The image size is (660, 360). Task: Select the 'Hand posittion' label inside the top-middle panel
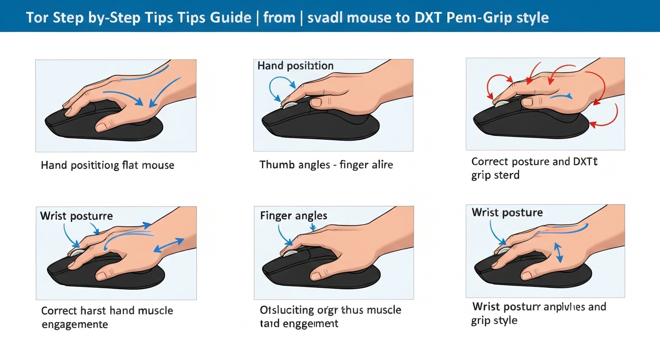pos(295,66)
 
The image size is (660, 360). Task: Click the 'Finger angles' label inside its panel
pos(293,216)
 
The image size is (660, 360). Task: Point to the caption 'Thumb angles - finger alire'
pos(326,165)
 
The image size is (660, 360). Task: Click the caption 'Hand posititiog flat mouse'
pos(107,165)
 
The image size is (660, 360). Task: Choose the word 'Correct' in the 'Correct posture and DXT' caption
pos(490,162)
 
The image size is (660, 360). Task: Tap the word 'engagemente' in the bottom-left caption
pos(75,324)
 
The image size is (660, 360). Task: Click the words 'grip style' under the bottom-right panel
pos(494,321)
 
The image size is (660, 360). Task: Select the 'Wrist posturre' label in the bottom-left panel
pos(76,216)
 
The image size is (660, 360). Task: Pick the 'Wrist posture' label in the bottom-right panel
pos(507,212)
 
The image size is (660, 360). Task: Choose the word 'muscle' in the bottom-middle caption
pos(383,310)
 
